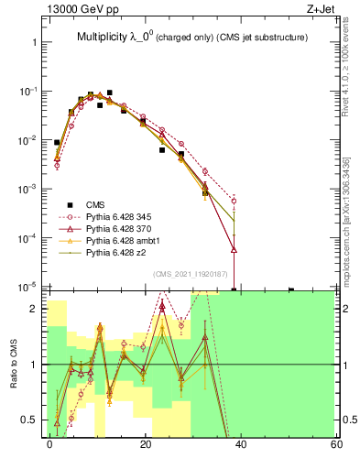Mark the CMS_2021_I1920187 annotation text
pos(191,274)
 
